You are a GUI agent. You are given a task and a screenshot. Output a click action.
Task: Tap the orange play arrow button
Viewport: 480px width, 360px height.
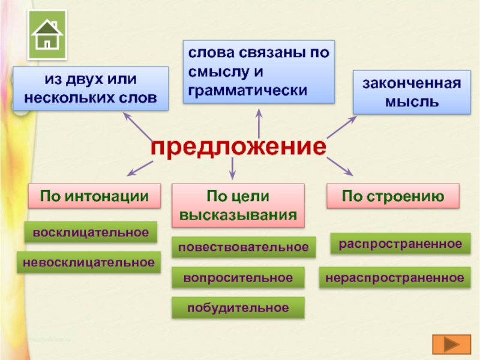[451, 346]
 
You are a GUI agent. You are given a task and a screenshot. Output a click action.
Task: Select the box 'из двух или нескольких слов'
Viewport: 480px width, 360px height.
[91, 88]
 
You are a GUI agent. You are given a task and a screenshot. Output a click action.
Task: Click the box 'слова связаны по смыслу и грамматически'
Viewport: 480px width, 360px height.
[259, 71]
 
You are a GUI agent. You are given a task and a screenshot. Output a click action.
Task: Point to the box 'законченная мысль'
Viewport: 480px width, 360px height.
[412, 92]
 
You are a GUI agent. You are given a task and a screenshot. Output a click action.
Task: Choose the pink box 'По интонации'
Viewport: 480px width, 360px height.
[94, 196]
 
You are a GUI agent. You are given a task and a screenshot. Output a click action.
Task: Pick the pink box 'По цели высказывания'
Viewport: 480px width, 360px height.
[238, 205]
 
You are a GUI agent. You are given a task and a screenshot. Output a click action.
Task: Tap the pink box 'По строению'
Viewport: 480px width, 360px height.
[393, 196]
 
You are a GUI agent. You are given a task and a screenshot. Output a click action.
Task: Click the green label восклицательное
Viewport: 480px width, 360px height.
[91, 232]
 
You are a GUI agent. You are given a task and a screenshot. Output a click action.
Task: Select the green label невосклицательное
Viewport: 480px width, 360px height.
[89, 262]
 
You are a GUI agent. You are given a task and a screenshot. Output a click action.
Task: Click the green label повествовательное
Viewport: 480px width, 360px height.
[243, 247]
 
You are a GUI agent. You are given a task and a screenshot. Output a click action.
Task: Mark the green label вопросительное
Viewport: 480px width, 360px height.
[238, 277]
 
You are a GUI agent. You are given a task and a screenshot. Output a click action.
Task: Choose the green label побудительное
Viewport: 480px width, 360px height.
[238, 307]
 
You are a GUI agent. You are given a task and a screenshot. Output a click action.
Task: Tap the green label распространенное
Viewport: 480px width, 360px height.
[400, 244]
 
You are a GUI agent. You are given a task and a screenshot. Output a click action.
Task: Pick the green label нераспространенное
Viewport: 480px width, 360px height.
[394, 277]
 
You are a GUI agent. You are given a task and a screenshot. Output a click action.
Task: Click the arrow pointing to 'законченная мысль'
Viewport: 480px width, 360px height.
[341, 128]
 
